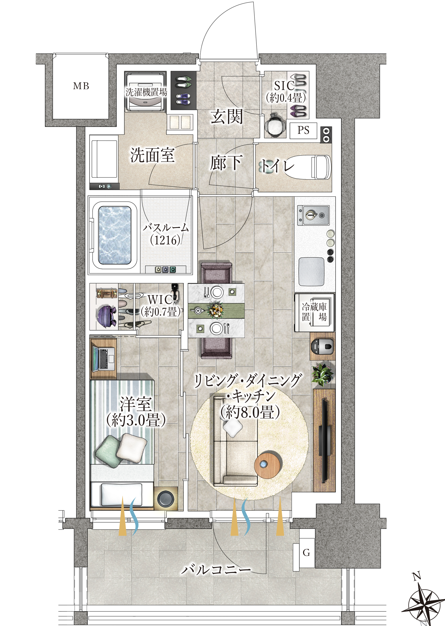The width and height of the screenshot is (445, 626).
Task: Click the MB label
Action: pyautogui.click(x=81, y=86)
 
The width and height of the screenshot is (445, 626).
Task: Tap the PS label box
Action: pyautogui.click(x=303, y=130)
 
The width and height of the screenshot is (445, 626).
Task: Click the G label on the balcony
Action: pyautogui.click(x=306, y=553)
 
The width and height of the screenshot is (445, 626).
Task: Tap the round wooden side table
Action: pyautogui.click(x=267, y=466)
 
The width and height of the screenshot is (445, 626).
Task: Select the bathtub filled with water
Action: pyautogui.click(x=115, y=236)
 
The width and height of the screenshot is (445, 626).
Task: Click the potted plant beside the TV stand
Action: pyautogui.click(x=322, y=374)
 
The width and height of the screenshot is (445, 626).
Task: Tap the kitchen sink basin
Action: pyautogui.click(x=311, y=271)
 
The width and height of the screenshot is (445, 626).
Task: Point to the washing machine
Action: pyautogui.click(x=145, y=92)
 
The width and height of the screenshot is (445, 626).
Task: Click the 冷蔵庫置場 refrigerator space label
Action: pyautogui.click(x=314, y=312)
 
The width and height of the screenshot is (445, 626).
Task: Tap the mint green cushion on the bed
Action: pyautogui.click(x=109, y=451)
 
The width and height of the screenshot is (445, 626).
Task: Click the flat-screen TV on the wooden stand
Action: pyautogui.click(x=325, y=441)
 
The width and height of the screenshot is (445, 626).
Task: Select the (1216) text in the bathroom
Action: pyautogui.click(x=165, y=240)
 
